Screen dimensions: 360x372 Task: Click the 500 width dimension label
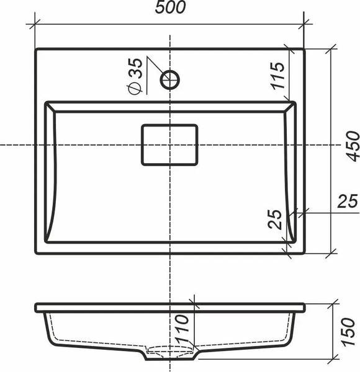coord(170,7)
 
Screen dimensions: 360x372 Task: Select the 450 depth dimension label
coord(353,146)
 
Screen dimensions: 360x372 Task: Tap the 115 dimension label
coord(277,76)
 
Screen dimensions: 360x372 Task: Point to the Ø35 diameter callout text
coord(135,76)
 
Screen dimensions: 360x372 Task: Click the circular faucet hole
coord(170,80)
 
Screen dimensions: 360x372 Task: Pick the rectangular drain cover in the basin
coord(169,144)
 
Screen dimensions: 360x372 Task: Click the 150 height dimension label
coord(348,332)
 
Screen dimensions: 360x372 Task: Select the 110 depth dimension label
coord(182,329)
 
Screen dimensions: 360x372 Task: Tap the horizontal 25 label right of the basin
coord(348,201)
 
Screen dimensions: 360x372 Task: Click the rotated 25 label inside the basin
coord(275,219)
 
